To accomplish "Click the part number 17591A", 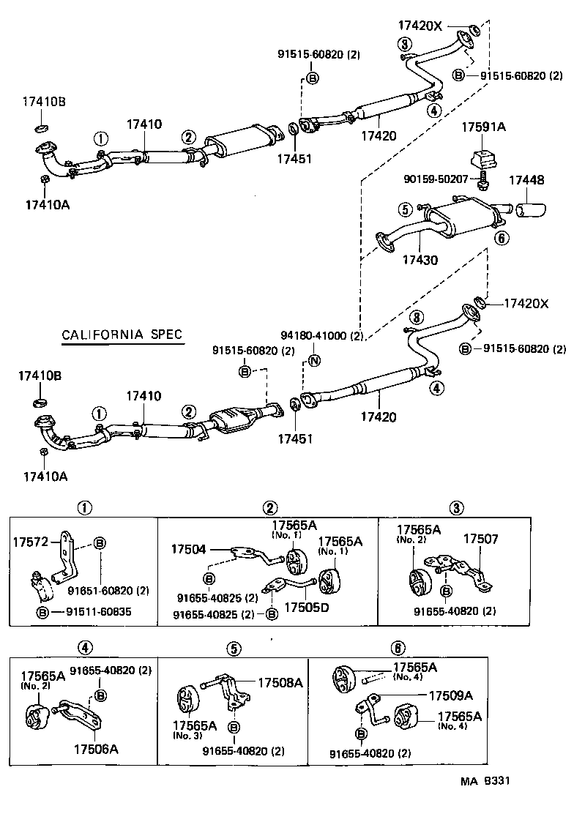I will [482, 127].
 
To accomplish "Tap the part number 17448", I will [526, 179].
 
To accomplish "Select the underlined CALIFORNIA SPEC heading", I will [122, 335].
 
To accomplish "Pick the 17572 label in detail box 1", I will [29, 542].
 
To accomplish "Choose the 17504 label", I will [188, 548].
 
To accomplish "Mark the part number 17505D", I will [305, 608].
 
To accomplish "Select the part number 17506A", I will [95, 749].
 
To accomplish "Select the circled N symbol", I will [314, 360].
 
